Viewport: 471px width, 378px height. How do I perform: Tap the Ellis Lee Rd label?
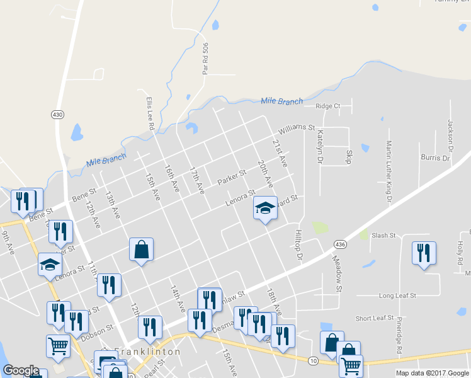(x=150, y=113)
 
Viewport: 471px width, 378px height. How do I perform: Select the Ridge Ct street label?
(x=328, y=106)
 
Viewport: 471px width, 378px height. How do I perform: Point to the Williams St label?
(x=297, y=127)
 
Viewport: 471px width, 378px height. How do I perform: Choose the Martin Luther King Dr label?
(x=389, y=171)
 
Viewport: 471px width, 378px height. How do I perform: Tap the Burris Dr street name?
(x=435, y=157)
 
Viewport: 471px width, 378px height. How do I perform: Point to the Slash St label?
(x=383, y=236)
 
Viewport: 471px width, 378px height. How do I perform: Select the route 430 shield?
(x=58, y=114)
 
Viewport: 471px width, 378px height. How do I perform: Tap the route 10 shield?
(x=313, y=360)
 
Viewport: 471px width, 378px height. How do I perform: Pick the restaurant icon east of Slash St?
(x=423, y=253)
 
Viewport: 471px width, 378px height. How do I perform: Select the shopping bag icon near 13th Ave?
(x=141, y=249)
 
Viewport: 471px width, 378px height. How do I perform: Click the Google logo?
(x=21, y=370)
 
